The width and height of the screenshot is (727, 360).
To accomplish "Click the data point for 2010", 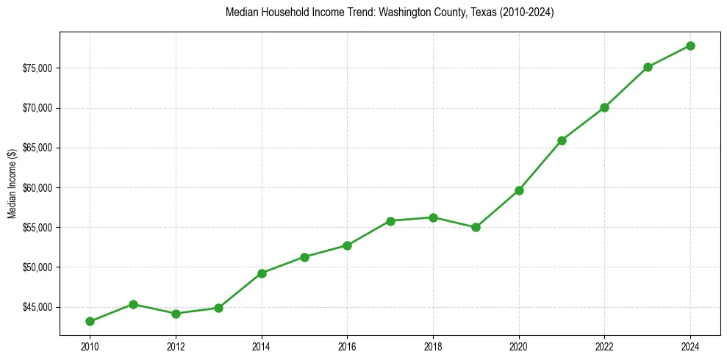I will point(90,321).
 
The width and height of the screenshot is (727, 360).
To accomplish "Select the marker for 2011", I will point(133,304).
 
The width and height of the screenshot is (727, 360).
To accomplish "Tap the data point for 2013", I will point(218,308).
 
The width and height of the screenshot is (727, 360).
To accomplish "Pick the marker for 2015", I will point(304,257).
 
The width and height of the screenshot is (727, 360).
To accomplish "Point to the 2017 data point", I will point(390,221).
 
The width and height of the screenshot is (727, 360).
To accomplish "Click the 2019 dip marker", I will point(476,227).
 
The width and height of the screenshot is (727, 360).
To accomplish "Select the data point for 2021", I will point(562,140).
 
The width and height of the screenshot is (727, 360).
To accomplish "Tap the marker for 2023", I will point(648,67).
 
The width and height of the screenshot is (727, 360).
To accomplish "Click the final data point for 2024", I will point(690,46).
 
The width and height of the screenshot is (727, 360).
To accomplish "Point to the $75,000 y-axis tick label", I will point(37,68).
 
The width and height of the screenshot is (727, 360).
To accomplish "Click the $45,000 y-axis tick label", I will point(37,307).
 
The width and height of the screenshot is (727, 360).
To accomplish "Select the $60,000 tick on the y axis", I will point(37,187).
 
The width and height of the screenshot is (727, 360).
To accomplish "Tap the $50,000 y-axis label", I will point(37,267).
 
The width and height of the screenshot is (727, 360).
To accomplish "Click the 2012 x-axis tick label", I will point(176,346).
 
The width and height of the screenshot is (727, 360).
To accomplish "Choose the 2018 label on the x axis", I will point(433,346).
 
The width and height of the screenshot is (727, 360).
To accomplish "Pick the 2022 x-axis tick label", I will point(604,346).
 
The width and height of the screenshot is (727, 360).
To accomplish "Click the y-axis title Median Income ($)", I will point(12,187).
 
